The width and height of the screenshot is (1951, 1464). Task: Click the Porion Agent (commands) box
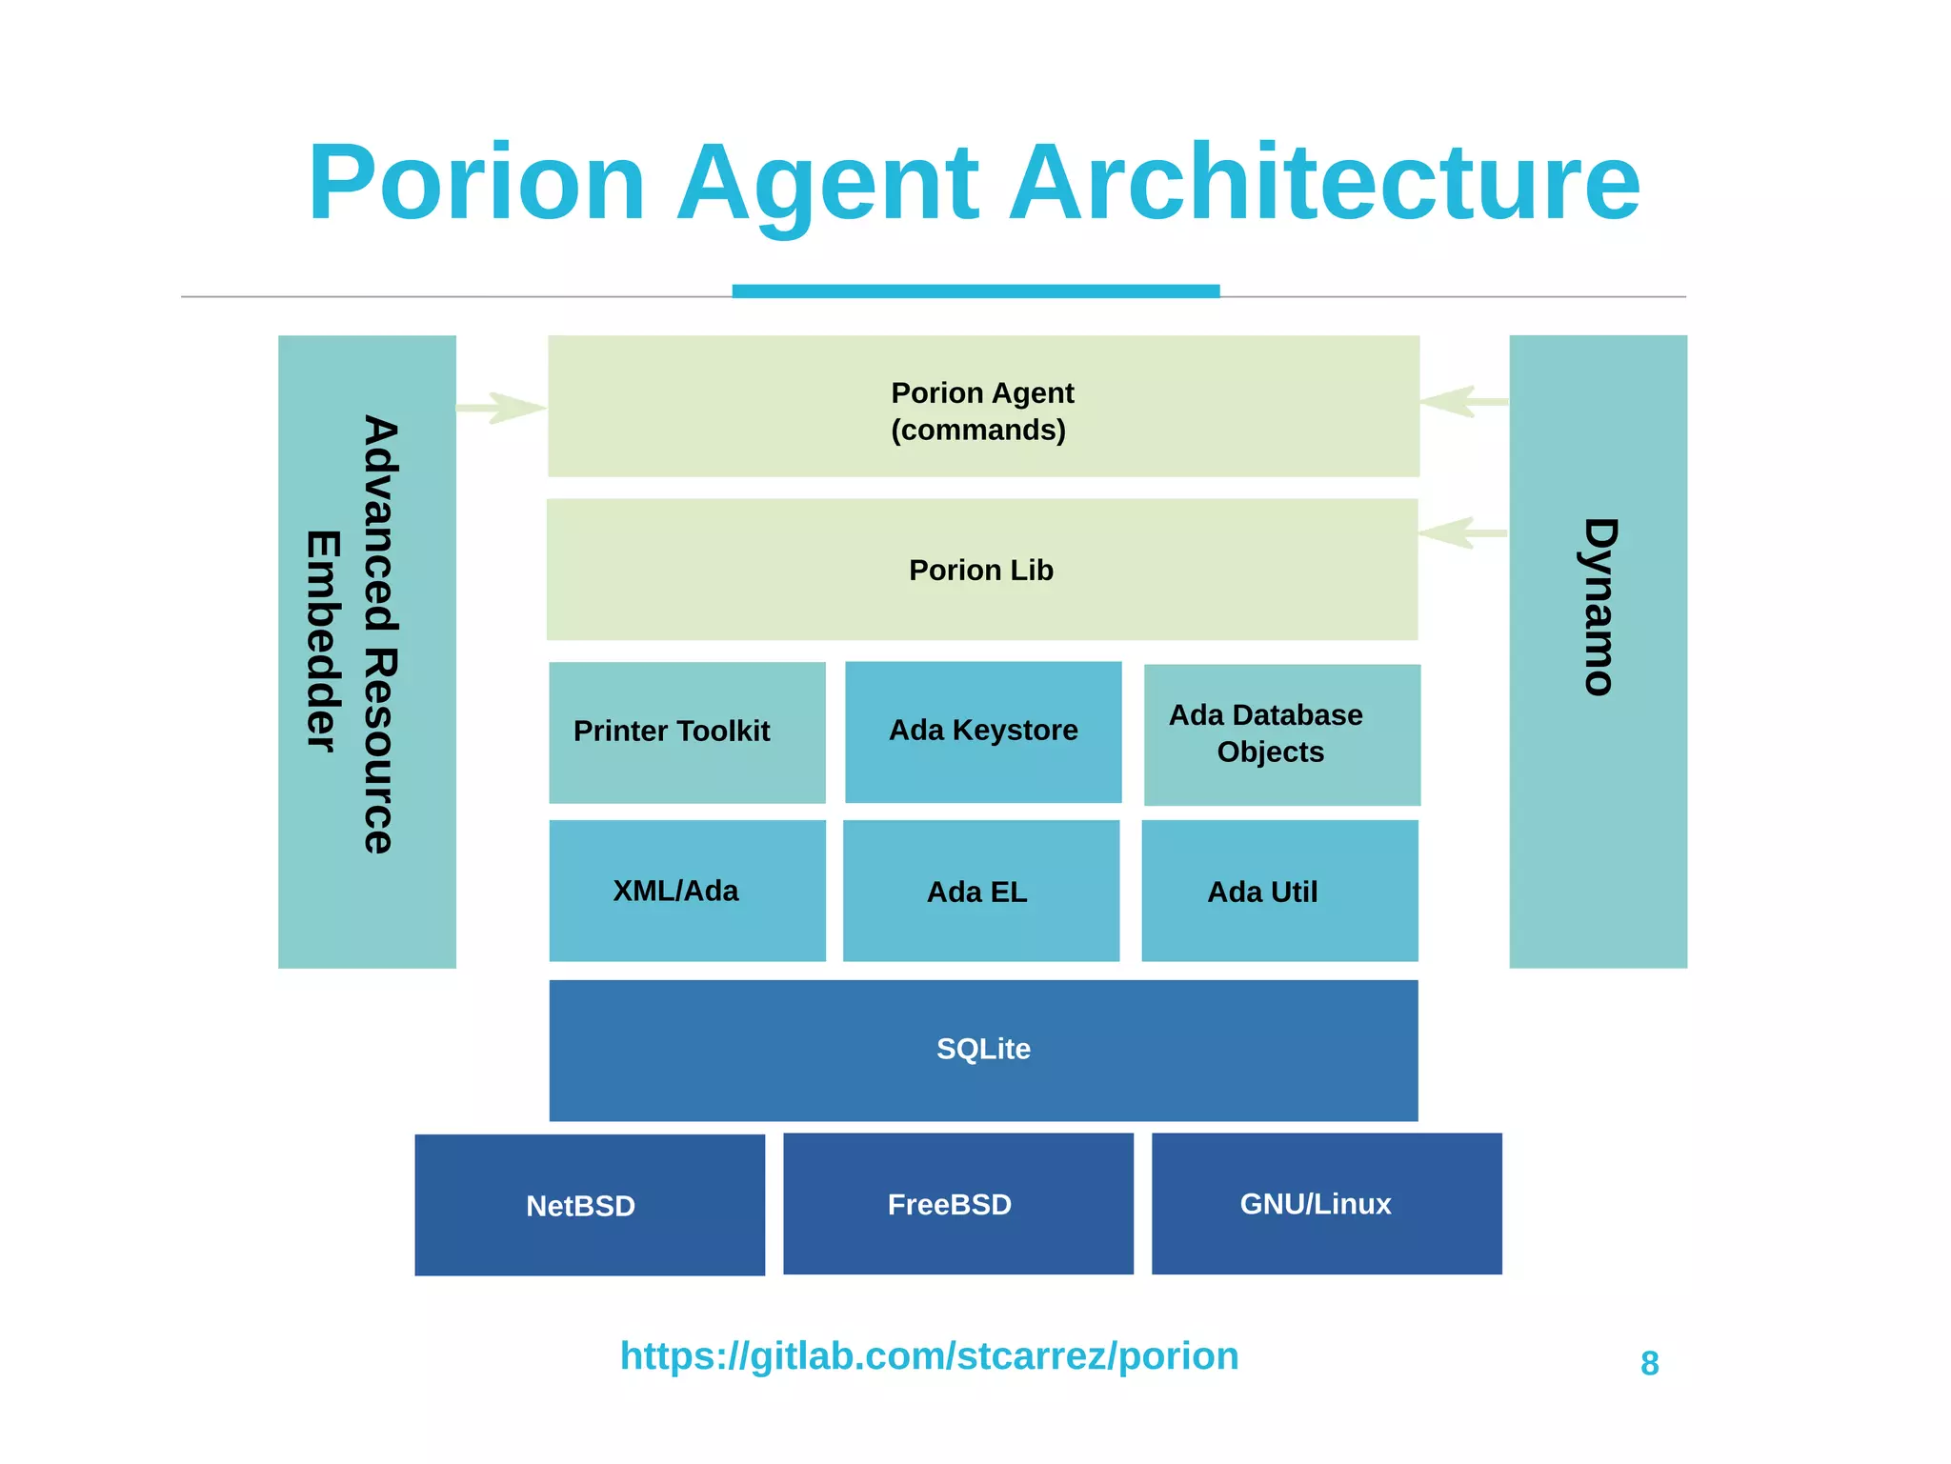click(983, 407)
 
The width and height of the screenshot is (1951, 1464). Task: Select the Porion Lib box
click(982, 570)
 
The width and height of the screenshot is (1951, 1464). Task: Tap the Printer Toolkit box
click(687, 732)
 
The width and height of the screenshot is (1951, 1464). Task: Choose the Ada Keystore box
click(983, 732)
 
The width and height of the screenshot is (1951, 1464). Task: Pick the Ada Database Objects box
click(1281, 734)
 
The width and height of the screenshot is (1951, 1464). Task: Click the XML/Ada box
click(687, 891)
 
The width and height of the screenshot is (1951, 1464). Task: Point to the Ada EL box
click(981, 892)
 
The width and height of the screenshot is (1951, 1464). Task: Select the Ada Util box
click(1279, 892)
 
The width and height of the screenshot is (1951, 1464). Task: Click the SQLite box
click(983, 1050)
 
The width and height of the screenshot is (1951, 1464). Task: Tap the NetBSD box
click(590, 1205)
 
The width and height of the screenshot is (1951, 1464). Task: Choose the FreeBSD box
click(957, 1204)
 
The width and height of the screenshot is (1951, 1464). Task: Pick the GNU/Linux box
click(1326, 1204)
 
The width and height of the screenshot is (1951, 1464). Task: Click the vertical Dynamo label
click(1599, 607)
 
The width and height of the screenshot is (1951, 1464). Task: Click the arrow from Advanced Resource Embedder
click(501, 408)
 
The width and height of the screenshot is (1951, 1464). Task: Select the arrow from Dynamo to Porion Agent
click(1464, 401)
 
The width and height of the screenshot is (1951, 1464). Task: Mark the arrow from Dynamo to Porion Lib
click(1462, 532)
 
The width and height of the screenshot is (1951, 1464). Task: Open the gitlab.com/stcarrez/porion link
click(929, 1355)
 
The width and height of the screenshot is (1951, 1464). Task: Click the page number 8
click(1649, 1364)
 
